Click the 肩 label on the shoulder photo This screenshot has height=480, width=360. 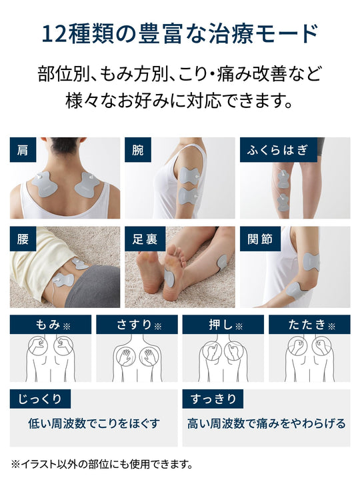[x=23, y=150]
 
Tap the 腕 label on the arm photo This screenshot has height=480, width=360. [x=138, y=150]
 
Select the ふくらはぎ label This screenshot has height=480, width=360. [x=278, y=150]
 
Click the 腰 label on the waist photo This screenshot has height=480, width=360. [x=23, y=239]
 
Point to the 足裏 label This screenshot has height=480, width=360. [x=145, y=239]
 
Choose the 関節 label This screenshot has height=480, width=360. [x=260, y=239]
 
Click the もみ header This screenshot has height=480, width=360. [x=51, y=325]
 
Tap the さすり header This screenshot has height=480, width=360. [x=137, y=325]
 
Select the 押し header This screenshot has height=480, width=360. [x=223, y=325]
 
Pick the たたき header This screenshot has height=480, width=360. [x=309, y=325]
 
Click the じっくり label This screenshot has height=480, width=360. [x=40, y=399]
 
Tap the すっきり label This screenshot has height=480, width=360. [x=213, y=399]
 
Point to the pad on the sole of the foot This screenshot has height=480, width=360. [x=169, y=278]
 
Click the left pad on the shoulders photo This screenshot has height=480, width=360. [x=45, y=184]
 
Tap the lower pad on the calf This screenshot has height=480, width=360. [x=283, y=202]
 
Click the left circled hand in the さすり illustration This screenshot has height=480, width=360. [x=124, y=357]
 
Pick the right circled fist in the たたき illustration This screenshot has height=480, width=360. [x=321, y=346]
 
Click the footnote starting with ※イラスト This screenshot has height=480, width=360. [x=102, y=465]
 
